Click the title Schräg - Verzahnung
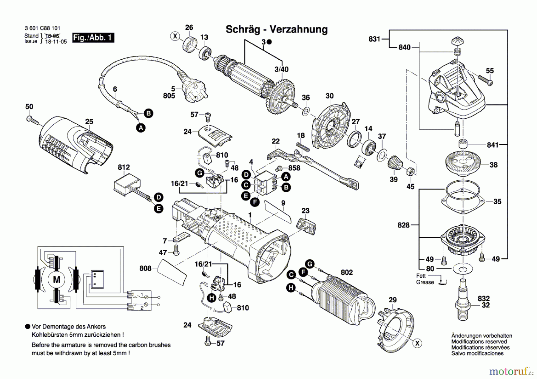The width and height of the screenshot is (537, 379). click(x=276, y=30)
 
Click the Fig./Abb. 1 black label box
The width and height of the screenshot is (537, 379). click(x=93, y=38)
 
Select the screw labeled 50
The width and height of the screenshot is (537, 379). click(x=33, y=120)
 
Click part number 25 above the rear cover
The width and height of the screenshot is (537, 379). click(x=89, y=122)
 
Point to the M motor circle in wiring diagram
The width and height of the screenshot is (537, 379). click(x=56, y=280)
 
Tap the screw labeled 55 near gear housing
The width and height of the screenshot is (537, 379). click(x=485, y=80)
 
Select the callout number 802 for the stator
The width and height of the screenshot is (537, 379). click(x=347, y=272)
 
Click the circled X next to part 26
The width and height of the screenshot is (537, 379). click(x=175, y=36)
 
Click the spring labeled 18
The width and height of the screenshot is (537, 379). click(x=303, y=147)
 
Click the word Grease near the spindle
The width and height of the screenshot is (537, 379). click(x=425, y=282)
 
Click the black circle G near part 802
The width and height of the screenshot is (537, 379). click(x=310, y=264)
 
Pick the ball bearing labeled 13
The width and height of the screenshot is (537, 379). click(x=205, y=53)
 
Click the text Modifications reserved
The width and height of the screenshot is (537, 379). click(x=479, y=342)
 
